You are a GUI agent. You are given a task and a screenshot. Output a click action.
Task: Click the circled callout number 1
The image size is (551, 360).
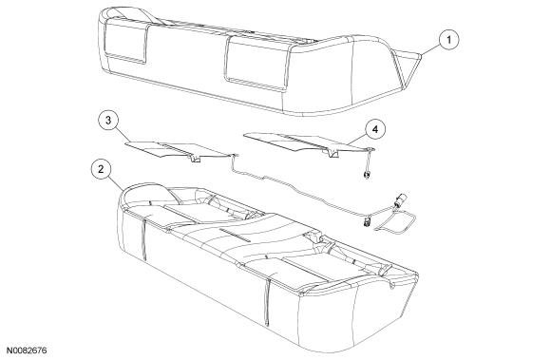tap(448, 40)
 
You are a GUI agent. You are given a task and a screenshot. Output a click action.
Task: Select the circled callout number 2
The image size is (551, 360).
tap(102, 169)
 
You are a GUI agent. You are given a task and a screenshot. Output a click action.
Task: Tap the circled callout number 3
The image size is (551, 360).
tap(108, 120)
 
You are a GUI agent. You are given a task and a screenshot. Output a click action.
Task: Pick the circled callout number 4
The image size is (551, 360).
tap(375, 129)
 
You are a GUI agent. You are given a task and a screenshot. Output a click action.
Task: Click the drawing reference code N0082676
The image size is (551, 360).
tap(27, 351)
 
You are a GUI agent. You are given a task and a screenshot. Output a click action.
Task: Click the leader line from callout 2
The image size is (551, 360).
tap(115, 184)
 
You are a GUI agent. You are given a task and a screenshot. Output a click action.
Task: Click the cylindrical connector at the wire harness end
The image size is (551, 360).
tap(400, 199)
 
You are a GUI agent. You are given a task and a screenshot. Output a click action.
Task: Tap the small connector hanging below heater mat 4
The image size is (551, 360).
tap(367, 174)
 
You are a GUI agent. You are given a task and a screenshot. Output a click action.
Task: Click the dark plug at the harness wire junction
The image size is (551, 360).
tap(368, 222)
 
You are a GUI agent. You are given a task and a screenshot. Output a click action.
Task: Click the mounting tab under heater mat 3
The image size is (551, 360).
tap(195, 158)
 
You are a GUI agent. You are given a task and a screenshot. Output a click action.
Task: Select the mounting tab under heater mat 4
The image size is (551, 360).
tap(331, 152)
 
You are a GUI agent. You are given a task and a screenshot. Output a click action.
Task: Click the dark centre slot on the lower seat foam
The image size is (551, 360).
tap(235, 235)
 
